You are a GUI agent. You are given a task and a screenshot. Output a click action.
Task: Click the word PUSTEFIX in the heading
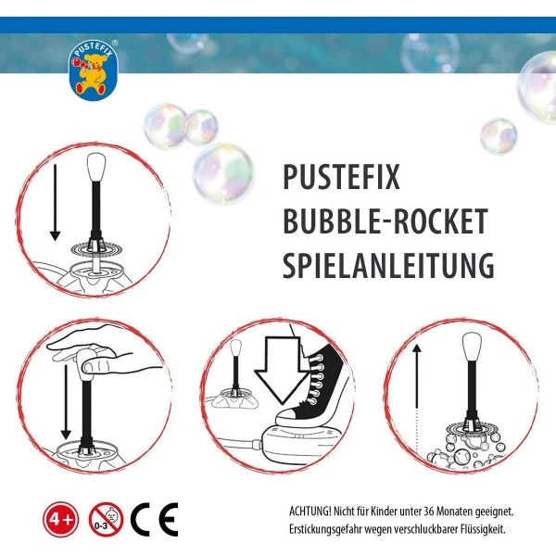(x=342, y=178)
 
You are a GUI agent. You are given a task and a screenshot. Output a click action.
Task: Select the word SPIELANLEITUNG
(x=387, y=267)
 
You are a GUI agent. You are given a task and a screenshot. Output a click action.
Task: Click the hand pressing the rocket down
(x=102, y=350)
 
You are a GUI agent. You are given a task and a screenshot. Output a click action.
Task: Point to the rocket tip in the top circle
(x=94, y=171)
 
